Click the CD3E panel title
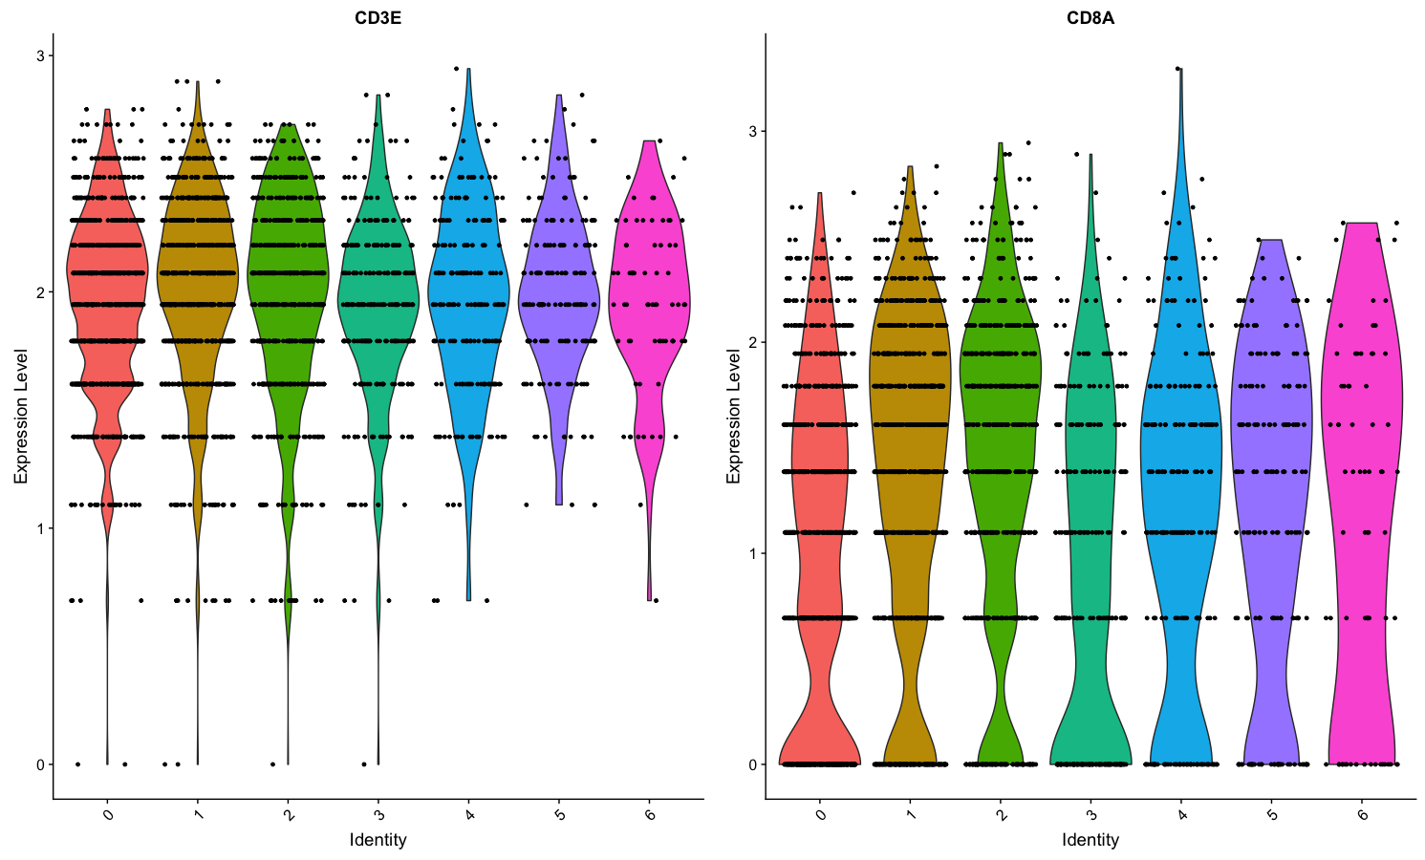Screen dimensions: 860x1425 click(x=378, y=17)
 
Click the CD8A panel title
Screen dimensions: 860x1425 click(x=1090, y=17)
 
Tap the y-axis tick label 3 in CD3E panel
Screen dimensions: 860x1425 click(x=41, y=56)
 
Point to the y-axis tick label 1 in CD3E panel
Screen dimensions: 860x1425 click(x=41, y=528)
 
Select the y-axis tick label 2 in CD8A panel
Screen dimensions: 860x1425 click(x=753, y=342)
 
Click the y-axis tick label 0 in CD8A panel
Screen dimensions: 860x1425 click(x=753, y=764)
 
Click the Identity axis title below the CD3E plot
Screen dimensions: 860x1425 click(x=378, y=840)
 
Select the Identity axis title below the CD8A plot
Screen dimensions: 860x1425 click(x=1090, y=840)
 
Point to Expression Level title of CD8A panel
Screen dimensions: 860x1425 click(x=734, y=416)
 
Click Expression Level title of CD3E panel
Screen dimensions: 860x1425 click(x=21, y=416)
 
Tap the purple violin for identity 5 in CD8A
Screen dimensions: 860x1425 click(x=1271, y=430)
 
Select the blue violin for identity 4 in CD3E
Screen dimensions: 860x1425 click(x=468, y=287)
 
